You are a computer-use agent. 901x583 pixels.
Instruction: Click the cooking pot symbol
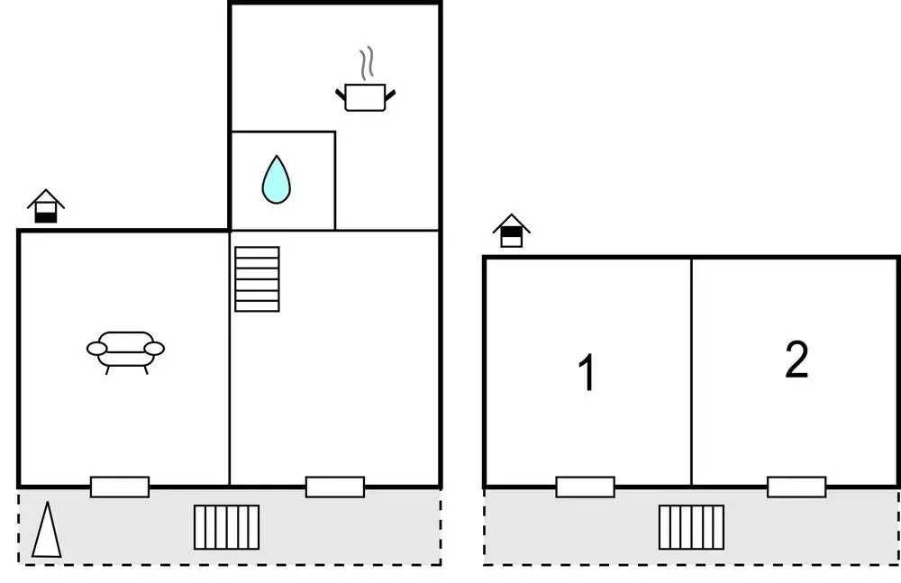coord(366,96)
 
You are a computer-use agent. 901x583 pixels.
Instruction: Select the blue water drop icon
coord(277,179)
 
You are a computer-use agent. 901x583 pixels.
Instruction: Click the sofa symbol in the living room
coord(125,349)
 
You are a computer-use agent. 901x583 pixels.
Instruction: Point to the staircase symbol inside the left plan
coord(257,278)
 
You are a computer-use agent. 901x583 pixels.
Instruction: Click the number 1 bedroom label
coord(587,373)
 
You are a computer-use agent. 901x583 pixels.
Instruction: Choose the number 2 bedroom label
coord(796,360)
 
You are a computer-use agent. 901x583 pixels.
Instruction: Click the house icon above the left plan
coord(45,206)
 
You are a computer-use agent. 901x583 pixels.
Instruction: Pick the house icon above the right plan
coord(512,231)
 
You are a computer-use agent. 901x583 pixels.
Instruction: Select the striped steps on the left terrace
coord(227,527)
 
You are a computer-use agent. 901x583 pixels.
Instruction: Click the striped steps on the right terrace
coord(691,527)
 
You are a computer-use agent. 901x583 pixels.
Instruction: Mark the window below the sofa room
coord(120,487)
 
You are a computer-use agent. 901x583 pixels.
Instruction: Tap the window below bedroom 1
coord(585,487)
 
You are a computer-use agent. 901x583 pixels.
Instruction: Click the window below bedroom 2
coord(796,487)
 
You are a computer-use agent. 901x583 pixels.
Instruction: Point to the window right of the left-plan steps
coord(335,487)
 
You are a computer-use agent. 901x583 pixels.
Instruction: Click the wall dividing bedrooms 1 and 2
coord(691,369)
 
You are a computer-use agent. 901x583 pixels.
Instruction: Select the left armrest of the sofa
coord(97,348)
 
